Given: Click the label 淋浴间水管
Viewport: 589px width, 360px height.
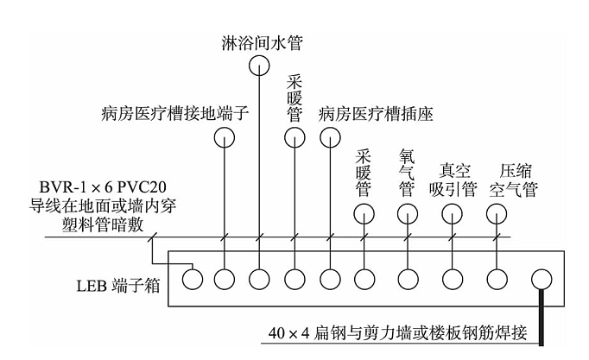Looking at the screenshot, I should coord(259,40).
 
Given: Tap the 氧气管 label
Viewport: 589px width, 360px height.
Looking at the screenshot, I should coord(405,172).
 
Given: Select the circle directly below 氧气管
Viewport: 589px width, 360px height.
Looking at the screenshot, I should coord(405,213).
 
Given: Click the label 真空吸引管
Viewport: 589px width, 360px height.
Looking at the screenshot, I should coord(453,180).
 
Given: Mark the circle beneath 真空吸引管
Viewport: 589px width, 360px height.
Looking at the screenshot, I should coord(453,213).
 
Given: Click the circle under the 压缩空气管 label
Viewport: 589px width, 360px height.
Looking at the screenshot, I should coord(498,213).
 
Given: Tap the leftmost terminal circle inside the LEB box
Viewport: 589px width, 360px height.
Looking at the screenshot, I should coord(192,279).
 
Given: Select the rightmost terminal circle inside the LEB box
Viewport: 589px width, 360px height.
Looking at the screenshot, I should coord(541,279).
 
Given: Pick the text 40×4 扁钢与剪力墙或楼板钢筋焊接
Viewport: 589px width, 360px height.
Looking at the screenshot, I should coord(403,332).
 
